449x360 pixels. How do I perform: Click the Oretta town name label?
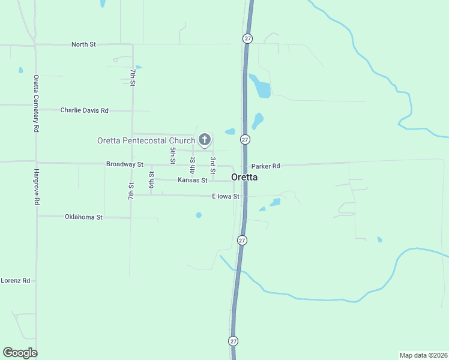244,178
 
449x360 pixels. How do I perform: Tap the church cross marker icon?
204,140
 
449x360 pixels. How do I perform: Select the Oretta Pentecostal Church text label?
146,140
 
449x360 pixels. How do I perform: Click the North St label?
83,44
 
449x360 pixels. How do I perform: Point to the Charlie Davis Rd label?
85,110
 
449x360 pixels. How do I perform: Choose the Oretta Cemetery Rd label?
37,104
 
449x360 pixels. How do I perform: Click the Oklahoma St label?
83,217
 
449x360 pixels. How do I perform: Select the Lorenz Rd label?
16,280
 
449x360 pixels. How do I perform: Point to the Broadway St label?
124,164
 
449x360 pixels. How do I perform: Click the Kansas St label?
192,180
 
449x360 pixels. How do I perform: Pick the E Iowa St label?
226,196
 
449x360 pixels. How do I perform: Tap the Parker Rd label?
266,166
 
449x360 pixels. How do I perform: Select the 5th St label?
172,156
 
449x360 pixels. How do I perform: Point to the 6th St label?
151,182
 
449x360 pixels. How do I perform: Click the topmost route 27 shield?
247,38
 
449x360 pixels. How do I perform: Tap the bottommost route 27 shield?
233,341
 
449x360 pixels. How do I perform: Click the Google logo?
20,353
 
